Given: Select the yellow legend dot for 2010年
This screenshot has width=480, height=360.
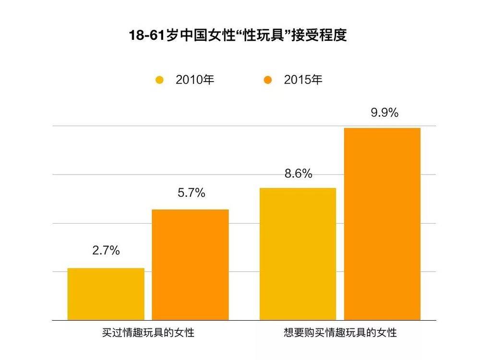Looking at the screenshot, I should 160,80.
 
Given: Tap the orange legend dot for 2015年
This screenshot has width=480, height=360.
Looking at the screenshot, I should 268,80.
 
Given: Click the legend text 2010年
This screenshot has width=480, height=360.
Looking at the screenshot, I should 195,80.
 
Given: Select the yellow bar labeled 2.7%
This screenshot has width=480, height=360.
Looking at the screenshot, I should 106,294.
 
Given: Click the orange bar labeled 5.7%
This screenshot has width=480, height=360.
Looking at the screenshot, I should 190,264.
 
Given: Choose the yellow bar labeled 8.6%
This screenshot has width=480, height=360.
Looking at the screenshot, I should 298,254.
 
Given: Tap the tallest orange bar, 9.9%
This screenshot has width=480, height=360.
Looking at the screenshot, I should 382,224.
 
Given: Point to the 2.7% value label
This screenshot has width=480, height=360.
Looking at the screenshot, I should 106,251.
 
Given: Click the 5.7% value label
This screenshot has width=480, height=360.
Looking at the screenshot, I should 191,193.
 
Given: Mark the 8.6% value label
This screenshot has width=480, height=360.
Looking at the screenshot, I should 298,174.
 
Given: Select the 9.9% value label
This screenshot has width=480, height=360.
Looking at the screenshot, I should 384,113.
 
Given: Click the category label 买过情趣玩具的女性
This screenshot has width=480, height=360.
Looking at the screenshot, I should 148,332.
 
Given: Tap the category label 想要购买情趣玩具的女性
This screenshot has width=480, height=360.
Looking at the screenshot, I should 340,332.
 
